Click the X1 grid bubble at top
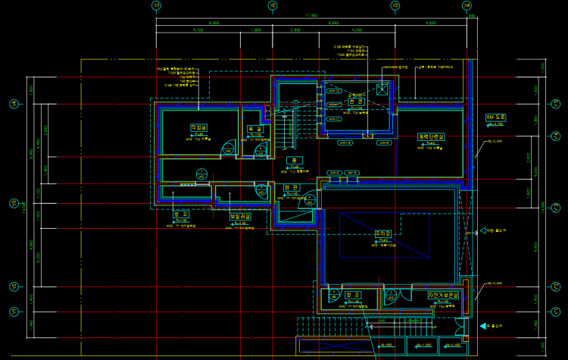[156, 5]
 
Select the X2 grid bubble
[273, 5]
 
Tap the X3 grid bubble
[395, 5]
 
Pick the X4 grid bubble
[467, 5]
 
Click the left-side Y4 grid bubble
[13, 104]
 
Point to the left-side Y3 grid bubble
[13, 203]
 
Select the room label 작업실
[198, 127]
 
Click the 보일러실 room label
[241, 216]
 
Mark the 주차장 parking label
[382, 234]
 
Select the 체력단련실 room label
[432, 136]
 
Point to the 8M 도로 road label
[500, 117]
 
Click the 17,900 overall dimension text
[311, 14]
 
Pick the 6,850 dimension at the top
[333, 23]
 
